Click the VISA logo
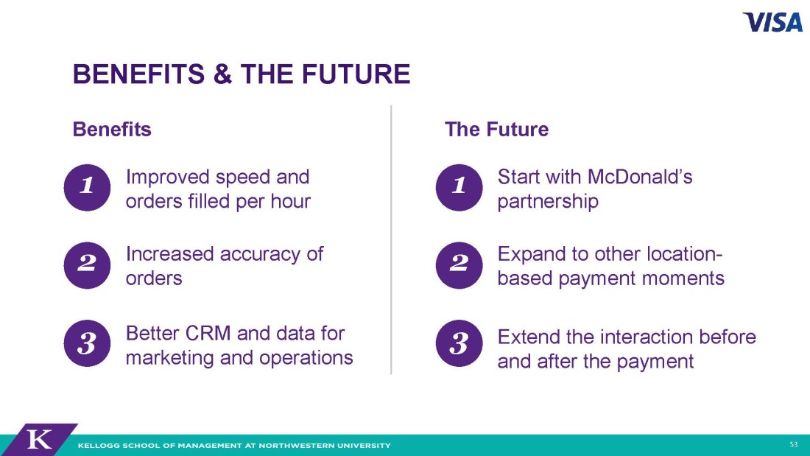pyautogui.click(x=772, y=22)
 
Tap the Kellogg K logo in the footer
pyautogui.click(x=40, y=440)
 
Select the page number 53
pyautogui.click(x=794, y=445)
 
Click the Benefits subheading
pyautogui.click(x=112, y=129)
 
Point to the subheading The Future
pyautogui.click(x=496, y=129)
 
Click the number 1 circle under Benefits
pyautogui.click(x=87, y=187)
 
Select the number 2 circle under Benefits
pyautogui.click(x=87, y=265)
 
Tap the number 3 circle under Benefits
pyautogui.click(x=87, y=343)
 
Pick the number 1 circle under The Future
pyautogui.click(x=459, y=187)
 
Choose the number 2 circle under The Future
pyautogui.click(x=459, y=265)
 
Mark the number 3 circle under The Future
pyautogui.click(x=459, y=343)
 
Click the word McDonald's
pyautogui.click(x=640, y=177)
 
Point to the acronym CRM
pyautogui.click(x=208, y=334)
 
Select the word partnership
pyautogui.click(x=548, y=202)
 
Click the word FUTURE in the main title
pyautogui.click(x=356, y=74)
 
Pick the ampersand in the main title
pyautogui.click(x=222, y=74)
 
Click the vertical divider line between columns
pyautogui.click(x=391, y=240)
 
